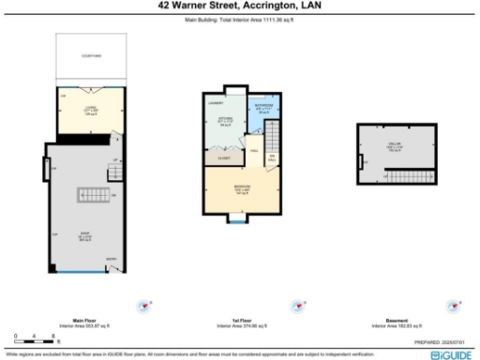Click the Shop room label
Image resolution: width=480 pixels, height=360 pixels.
(x=82, y=237)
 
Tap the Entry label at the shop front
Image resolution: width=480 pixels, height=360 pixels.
(x=111, y=260)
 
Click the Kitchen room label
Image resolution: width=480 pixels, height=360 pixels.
(x=224, y=120)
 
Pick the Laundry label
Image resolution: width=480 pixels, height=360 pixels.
(x=215, y=100)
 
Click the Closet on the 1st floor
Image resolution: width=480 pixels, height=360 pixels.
(x=224, y=158)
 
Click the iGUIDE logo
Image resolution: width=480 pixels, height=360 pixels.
(x=453, y=356)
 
